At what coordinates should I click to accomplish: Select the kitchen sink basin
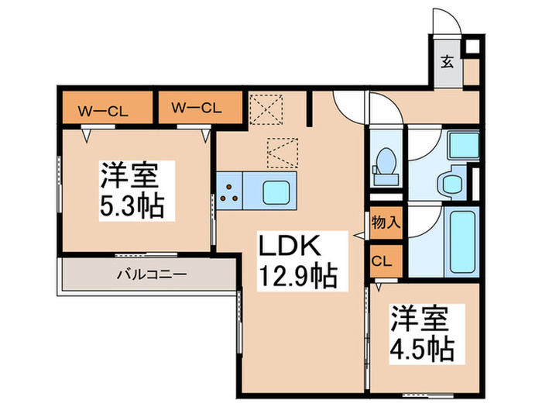[x=275, y=190]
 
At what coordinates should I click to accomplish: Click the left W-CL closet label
[x=102, y=109]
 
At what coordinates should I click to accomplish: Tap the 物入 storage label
[x=385, y=222]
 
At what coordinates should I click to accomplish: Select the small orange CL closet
[x=385, y=260]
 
